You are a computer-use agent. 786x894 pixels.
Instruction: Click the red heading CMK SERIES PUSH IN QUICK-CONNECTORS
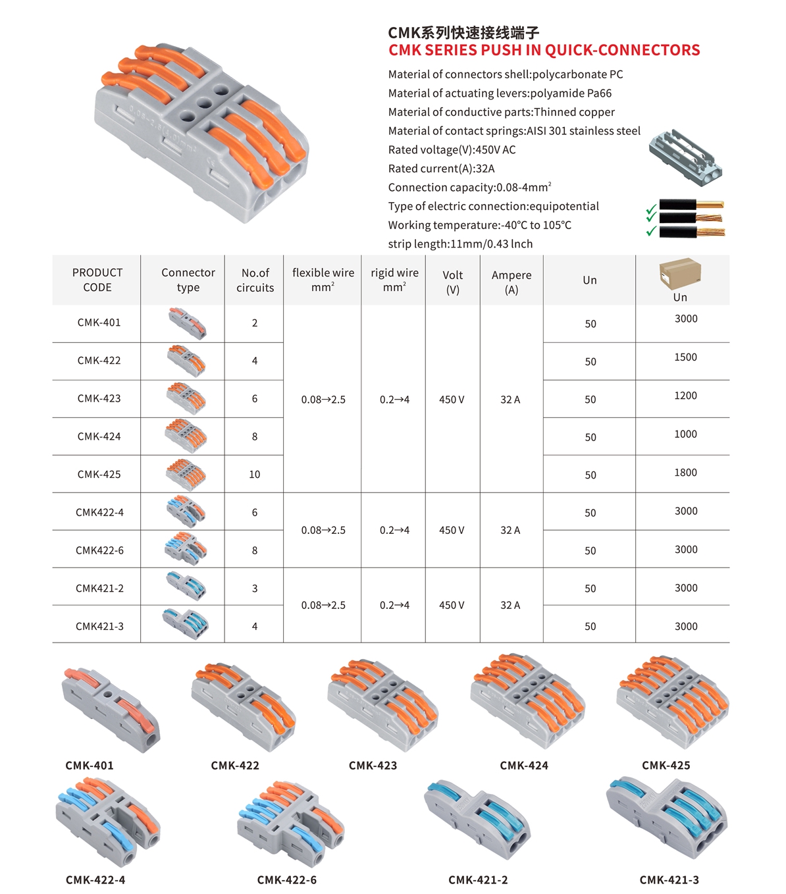click(x=544, y=51)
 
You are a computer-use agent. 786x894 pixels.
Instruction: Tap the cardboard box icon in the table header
click(x=680, y=273)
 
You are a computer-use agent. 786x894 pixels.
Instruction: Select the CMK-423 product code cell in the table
click(x=99, y=399)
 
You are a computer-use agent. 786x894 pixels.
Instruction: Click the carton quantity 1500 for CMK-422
click(x=685, y=357)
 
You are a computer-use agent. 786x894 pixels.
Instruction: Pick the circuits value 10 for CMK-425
click(x=254, y=475)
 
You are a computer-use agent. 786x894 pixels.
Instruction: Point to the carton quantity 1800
click(x=685, y=473)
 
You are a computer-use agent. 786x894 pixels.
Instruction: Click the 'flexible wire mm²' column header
click(x=323, y=280)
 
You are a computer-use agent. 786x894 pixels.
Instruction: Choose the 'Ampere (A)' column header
click(x=511, y=282)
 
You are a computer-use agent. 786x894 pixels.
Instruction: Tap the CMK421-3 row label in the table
click(x=99, y=627)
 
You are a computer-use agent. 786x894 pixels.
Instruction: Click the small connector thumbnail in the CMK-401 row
click(x=187, y=323)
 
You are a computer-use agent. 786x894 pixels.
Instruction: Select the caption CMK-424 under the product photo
click(x=523, y=766)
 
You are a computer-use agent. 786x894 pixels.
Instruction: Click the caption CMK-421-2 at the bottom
click(x=478, y=880)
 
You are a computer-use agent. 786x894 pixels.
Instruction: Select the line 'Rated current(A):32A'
click(x=441, y=169)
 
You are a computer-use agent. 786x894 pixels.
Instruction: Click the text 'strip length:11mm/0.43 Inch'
click(x=460, y=244)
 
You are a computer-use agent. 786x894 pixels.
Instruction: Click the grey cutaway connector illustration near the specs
click(x=685, y=156)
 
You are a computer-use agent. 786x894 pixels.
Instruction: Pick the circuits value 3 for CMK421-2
click(x=254, y=589)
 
